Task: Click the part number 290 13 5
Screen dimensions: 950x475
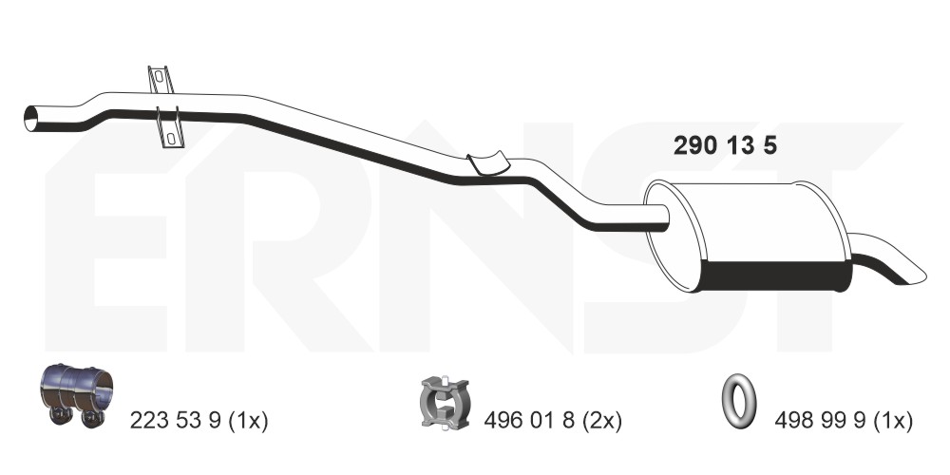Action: pos(725,145)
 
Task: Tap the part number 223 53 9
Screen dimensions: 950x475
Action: pos(175,420)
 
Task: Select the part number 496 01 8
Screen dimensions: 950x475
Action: pos(529,420)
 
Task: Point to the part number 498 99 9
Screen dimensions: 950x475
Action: pos(820,420)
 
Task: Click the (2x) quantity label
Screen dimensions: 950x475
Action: pos(601,420)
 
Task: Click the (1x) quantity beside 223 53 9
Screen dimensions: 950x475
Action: pos(248,420)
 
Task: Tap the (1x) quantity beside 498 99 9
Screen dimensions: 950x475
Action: pos(892,420)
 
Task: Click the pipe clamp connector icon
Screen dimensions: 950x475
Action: pos(76,395)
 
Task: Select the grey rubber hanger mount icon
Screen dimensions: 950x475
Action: pos(445,402)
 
